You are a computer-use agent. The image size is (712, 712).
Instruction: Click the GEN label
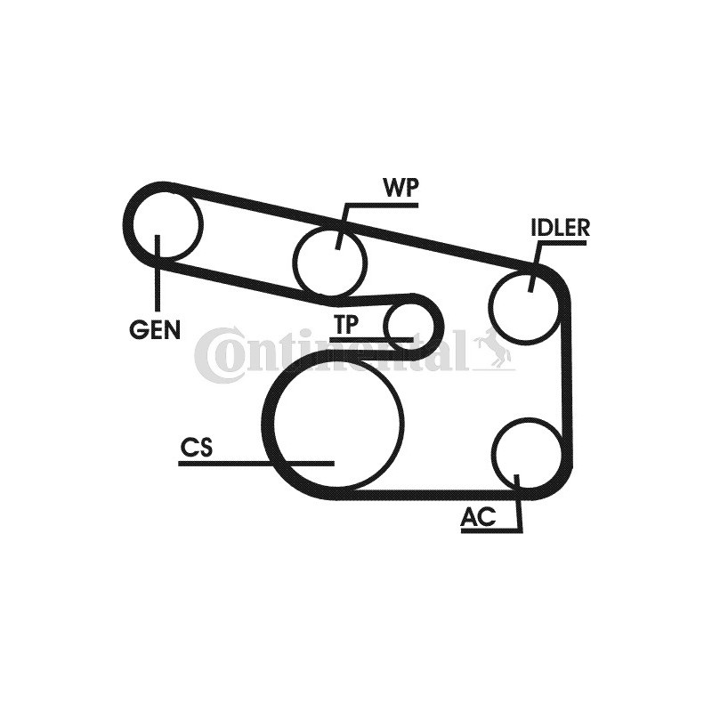point(155,329)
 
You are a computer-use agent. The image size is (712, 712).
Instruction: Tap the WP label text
point(400,188)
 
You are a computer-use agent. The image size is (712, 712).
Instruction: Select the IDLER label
point(561,228)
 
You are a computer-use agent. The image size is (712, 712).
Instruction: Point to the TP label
point(346,324)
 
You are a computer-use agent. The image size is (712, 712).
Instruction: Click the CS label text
point(196,447)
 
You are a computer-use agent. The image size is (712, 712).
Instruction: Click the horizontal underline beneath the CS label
point(256,464)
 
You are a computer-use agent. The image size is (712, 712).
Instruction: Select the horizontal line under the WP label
point(381,206)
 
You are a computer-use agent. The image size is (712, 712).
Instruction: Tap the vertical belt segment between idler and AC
point(566,382)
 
